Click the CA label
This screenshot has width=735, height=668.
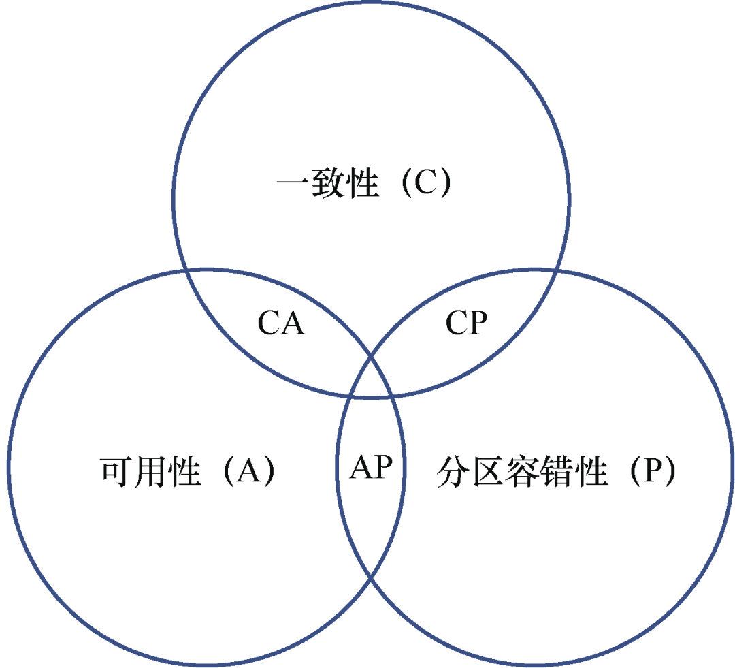coord(281,323)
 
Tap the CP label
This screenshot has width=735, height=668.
coord(467,323)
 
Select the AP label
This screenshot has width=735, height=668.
coord(371,468)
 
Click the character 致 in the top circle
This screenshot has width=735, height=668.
coord(329,184)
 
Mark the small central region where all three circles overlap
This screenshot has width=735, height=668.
coord(371,378)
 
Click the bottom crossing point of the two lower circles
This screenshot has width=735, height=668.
coord(371,580)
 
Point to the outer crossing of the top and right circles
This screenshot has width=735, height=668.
coord(556,270)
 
